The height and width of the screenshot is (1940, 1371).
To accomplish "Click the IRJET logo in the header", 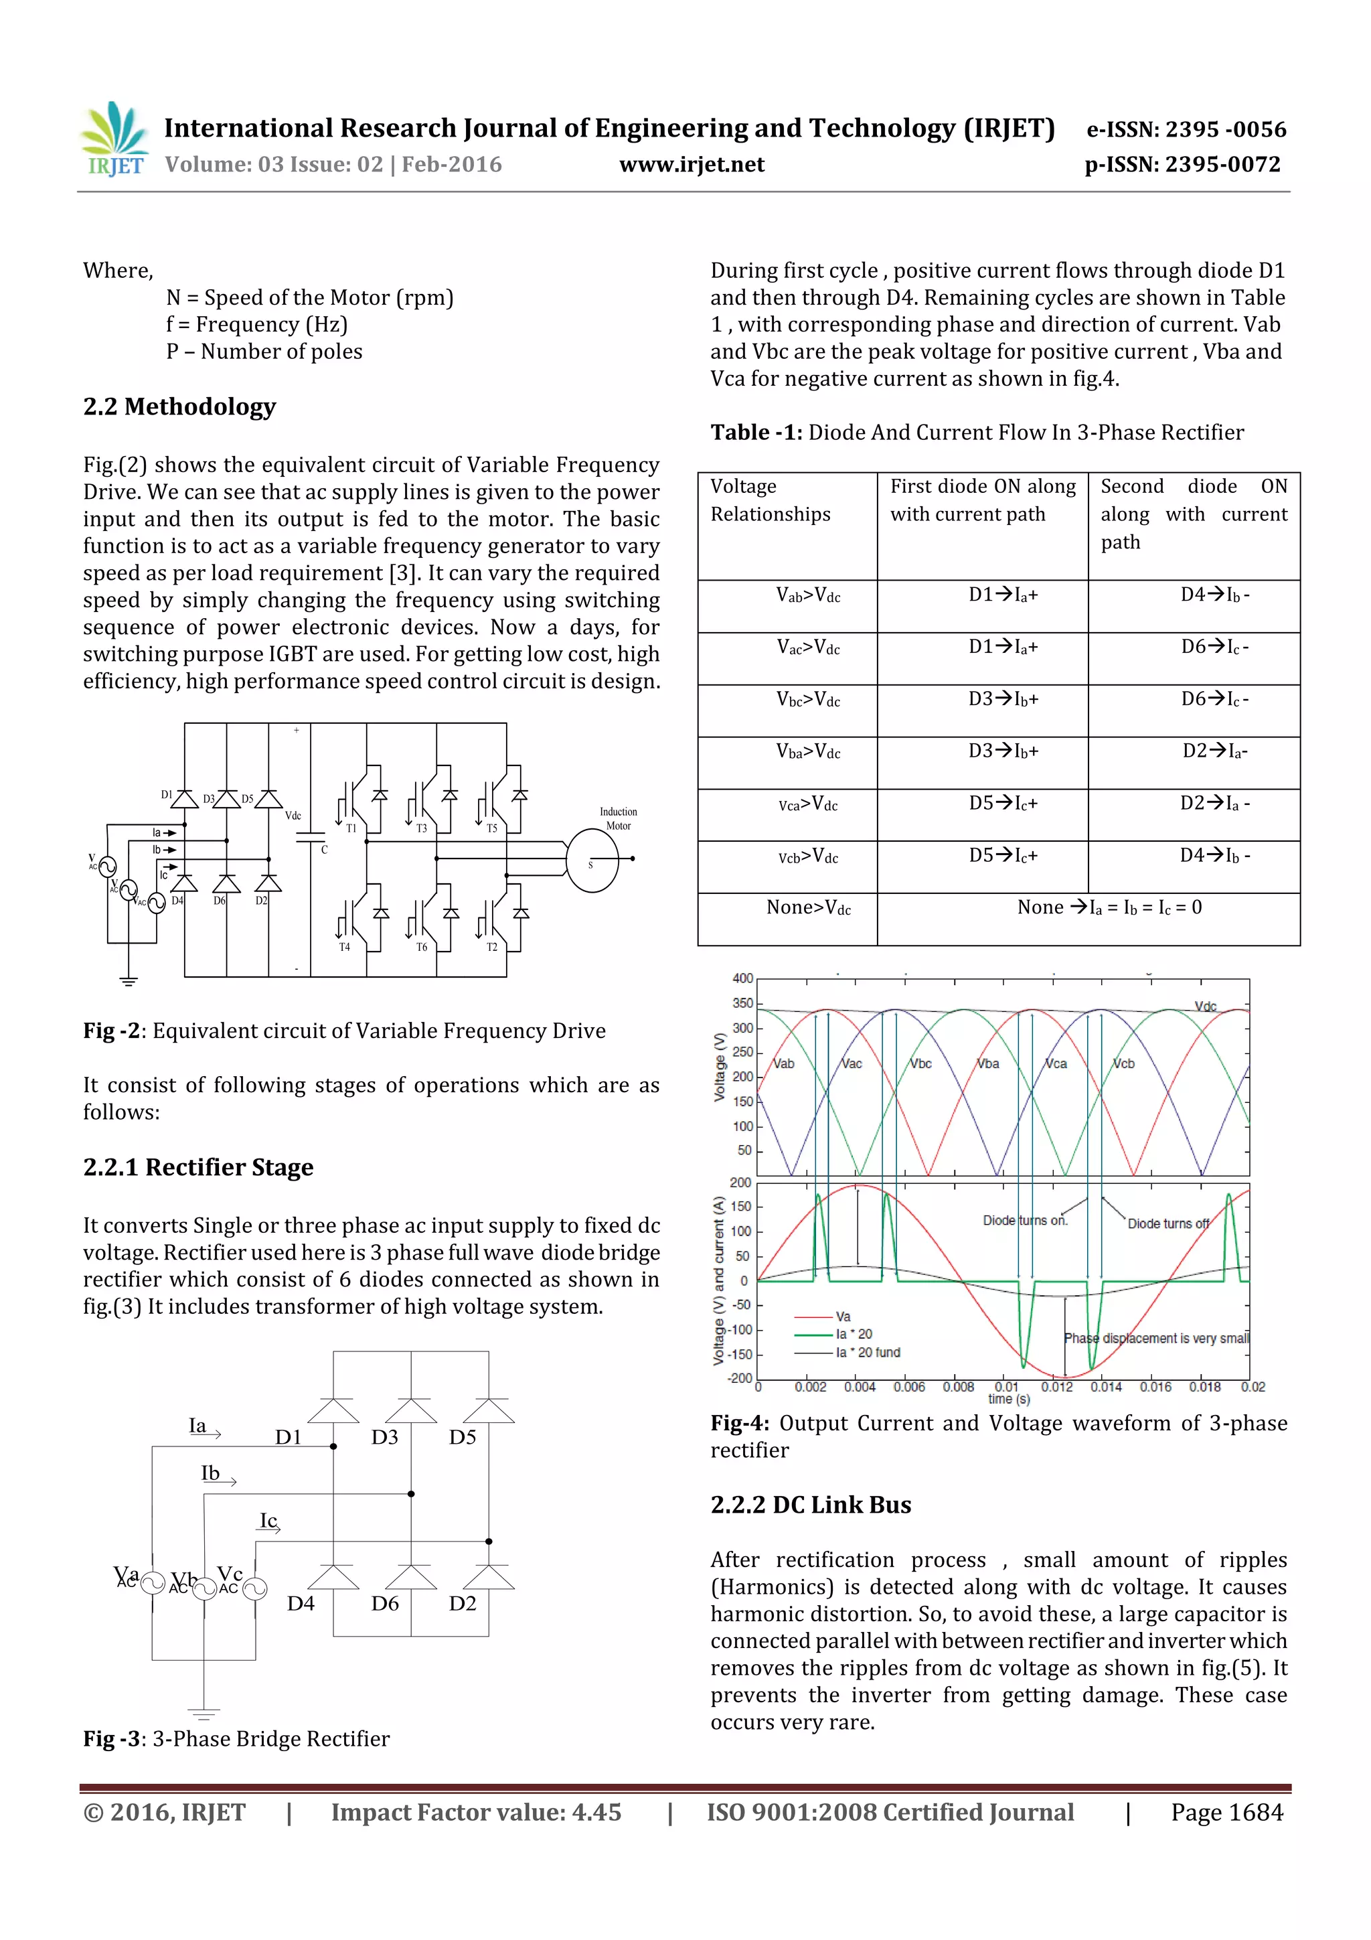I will click(x=114, y=139).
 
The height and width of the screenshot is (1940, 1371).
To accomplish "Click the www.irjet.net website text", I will click(x=691, y=165).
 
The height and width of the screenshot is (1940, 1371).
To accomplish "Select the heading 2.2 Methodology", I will click(x=179, y=406).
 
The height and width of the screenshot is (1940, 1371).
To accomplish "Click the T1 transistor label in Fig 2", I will click(x=351, y=829).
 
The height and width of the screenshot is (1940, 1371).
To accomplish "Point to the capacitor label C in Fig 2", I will click(x=323, y=850).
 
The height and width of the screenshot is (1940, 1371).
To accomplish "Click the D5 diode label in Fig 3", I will click(x=462, y=1437).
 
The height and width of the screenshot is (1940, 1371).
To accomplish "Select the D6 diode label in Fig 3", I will click(x=384, y=1604).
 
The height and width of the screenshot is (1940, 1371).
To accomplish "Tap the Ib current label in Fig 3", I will click(x=210, y=1473).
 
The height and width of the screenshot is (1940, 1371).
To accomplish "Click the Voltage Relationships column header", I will click(x=770, y=500).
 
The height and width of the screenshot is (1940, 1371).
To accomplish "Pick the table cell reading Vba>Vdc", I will click(x=809, y=751).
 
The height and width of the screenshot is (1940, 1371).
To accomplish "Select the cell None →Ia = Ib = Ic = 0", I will click(x=1109, y=907).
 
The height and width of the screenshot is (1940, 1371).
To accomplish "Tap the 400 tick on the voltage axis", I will click(x=742, y=978).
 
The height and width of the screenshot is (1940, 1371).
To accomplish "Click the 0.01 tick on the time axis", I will click(x=1006, y=1387).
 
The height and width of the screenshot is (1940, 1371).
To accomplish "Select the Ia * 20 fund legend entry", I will click(x=868, y=1353).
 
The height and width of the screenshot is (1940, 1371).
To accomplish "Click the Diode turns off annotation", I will click(x=1168, y=1223).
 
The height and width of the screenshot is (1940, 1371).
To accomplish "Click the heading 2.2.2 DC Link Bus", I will click(x=810, y=1505).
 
